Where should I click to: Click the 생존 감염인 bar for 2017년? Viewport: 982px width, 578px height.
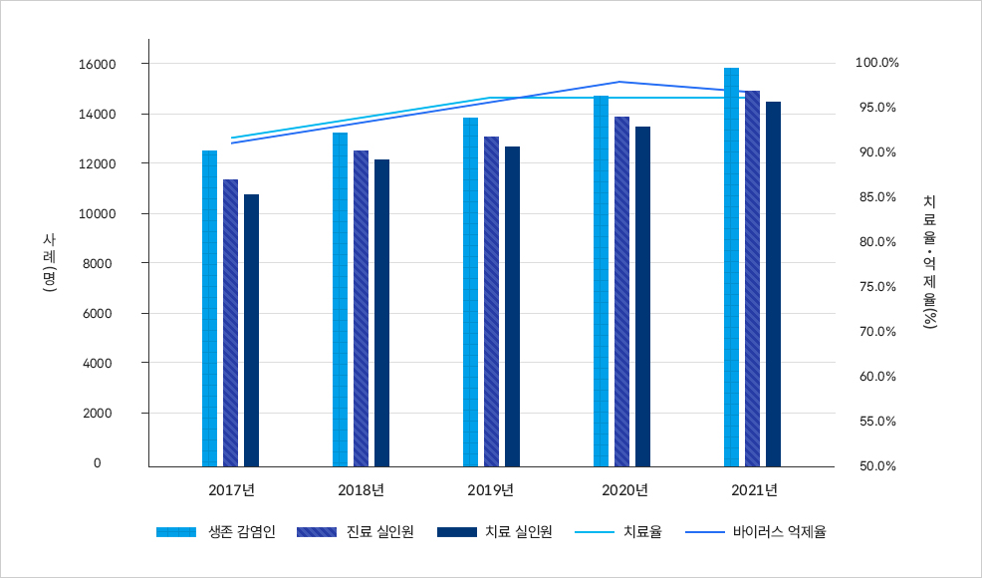209,308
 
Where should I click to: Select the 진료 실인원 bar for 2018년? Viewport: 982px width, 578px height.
361,308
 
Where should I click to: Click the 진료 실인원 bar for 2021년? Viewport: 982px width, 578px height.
752,278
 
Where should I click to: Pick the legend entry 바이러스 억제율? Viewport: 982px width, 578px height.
757,532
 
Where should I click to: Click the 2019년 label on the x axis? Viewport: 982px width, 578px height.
491,490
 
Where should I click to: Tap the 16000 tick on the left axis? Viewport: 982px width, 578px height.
105,64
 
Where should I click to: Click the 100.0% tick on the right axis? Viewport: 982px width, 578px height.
876,63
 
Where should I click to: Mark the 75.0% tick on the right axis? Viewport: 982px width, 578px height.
876,287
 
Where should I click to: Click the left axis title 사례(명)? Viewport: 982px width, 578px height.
50,263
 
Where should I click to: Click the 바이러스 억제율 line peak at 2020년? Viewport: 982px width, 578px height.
619,82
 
